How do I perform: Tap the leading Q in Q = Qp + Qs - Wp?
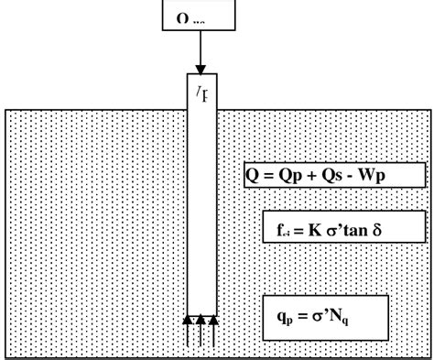tap(255, 175)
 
